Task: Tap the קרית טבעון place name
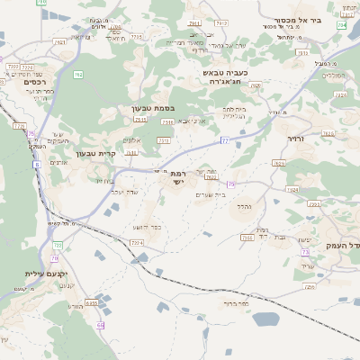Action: coord(92,152)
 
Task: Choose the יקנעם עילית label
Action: coord(22,272)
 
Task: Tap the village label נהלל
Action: coord(245,206)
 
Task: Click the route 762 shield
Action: coord(60,42)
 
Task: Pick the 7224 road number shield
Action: coord(137,243)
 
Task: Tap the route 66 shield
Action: coord(101,325)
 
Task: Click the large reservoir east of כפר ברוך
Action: coord(265,319)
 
